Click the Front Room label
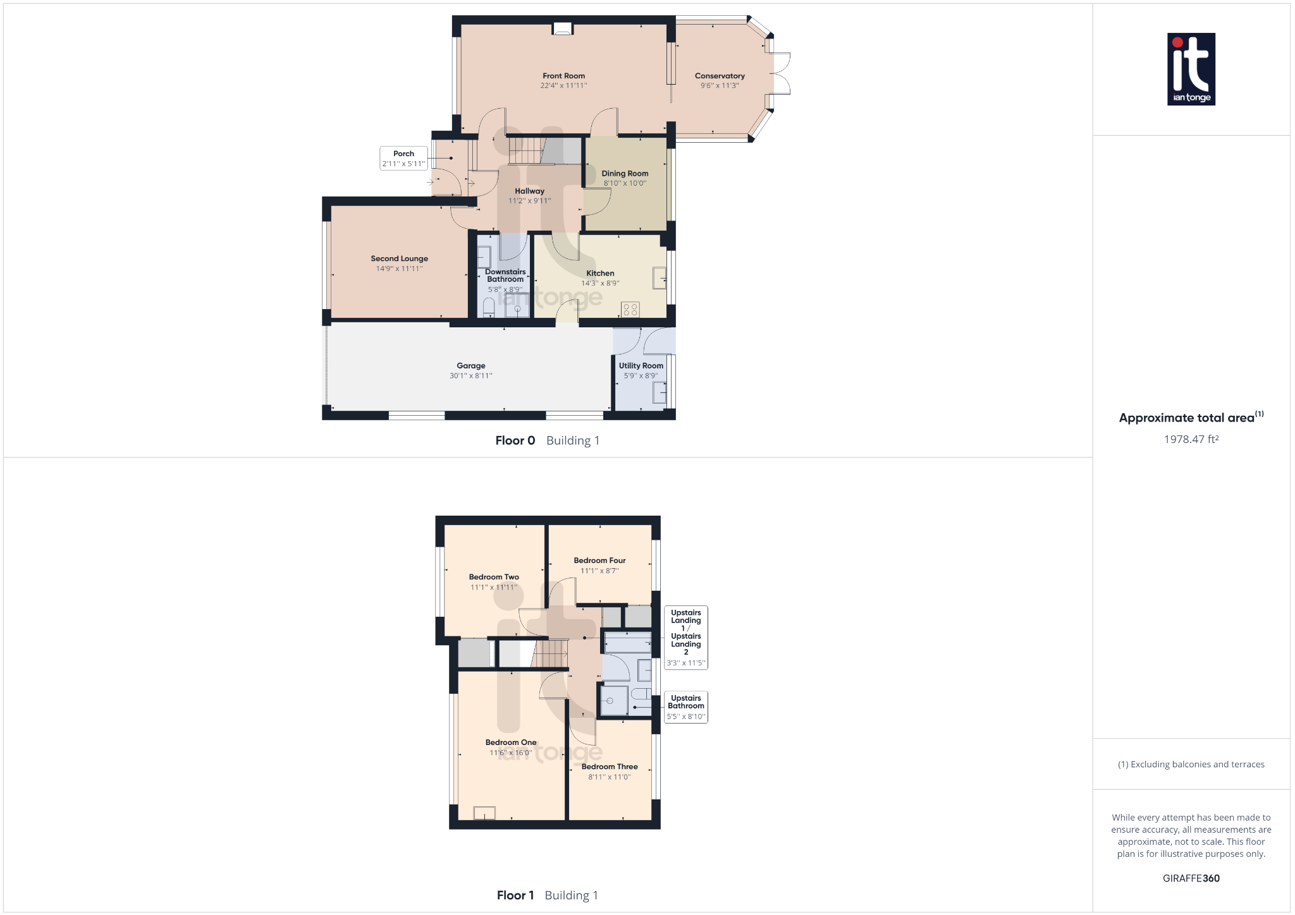(x=563, y=76)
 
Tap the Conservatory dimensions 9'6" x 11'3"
(x=720, y=86)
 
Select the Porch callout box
(x=403, y=158)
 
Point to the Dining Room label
(x=625, y=173)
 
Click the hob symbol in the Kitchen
(x=630, y=309)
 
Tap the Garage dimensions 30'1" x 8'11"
(x=470, y=376)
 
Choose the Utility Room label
(x=641, y=365)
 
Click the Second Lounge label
(x=399, y=258)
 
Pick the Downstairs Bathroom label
(x=505, y=276)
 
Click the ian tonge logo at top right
(x=1191, y=69)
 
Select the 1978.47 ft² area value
(x=1191, y=439)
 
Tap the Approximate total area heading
(x=1186, y=418)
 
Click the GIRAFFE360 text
(x=1191, y=878)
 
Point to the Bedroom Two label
(x=494, y=577)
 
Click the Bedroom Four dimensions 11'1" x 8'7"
(x=599, y=571)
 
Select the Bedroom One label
(x=511, y=742)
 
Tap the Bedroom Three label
(x=610, y=767)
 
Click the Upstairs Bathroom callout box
(x=686, y=706)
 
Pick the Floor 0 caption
(x=515, y=440)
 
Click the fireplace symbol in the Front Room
(x=562, y=28)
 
